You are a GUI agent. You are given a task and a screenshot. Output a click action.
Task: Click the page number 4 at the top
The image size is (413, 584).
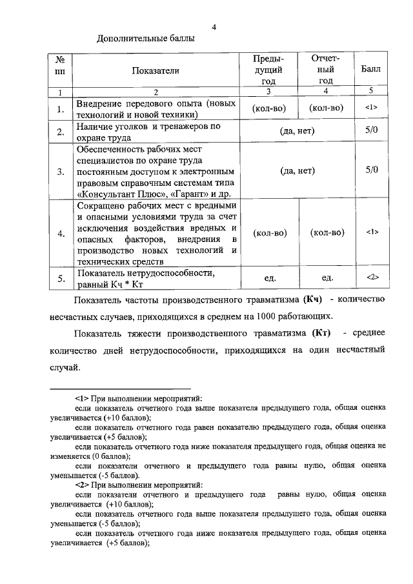pyautogui.click(x=214, y=26)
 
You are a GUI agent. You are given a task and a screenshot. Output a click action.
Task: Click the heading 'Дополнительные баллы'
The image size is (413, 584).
pyautogui.click(x=145, y=39)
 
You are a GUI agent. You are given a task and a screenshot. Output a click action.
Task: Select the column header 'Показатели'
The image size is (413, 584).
pyautogui.click(x=156, y=70)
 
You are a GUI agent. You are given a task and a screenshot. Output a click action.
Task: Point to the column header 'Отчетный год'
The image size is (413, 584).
pyautogui.click(x=326, y=70)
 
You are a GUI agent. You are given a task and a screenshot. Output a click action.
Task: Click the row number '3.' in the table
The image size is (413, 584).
pyautogui.click(x=60, y=172)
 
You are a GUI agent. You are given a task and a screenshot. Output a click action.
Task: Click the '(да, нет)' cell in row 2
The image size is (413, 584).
pyautogui.click(x=297, y=132)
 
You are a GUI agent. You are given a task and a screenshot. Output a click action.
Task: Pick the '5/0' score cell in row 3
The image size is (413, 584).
pyautogui.click(x=371, y=171)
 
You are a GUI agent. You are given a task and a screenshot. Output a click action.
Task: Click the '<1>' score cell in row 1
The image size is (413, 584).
pyautogui.click(x=371, y=108)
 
